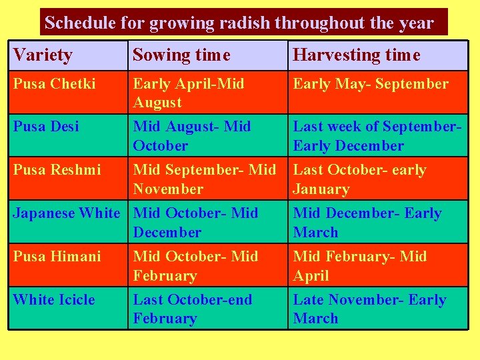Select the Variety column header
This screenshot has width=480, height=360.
[x=43, y=55]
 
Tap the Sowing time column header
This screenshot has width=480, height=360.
[x=181, y=55]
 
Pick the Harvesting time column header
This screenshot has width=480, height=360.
[x=357, y=55]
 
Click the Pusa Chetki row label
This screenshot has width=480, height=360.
[x=55, y=84]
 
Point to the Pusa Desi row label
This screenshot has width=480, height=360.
[x=46, y=126]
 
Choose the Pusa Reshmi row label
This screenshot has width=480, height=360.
[x=57, y=170]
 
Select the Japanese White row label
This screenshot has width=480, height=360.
[x=66, y=213]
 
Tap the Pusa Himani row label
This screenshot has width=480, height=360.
[x=57, y=257]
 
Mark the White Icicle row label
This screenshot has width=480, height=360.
[x=54, y=300]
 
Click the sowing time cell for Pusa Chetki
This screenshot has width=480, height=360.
[x=189, y=93]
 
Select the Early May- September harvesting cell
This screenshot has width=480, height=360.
[x=371, y=84]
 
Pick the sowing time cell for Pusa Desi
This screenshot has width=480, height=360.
[x=192, y=135]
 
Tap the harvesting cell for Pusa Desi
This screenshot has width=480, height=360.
[x=377, y=135]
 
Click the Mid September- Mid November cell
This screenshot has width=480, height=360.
[x=204, y=179]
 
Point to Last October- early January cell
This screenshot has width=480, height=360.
[x=359, y=179]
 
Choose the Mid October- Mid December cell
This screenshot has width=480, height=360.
[x=195, y=222]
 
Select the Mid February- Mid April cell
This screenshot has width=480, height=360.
[x=360, y=265]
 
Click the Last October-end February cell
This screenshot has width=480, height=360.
[x=193, y=309]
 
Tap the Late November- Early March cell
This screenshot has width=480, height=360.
[x=369, y=309]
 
